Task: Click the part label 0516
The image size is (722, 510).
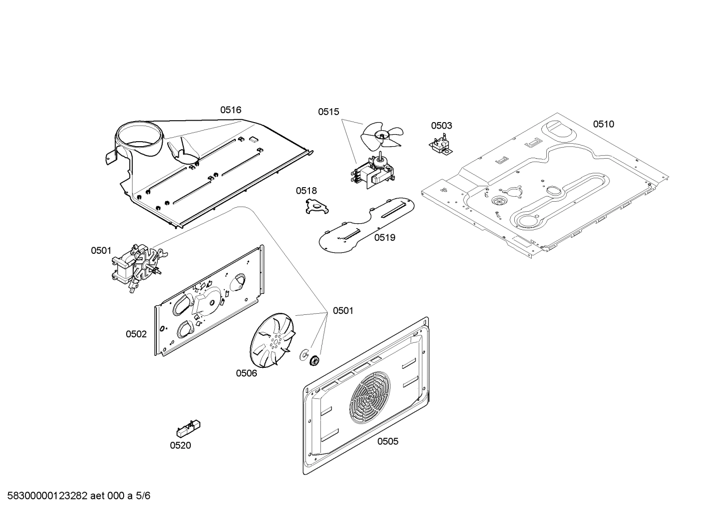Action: [x=230, y=110]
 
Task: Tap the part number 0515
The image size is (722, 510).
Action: [x=328, y=112]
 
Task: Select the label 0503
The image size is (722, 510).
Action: [x=441, y=126]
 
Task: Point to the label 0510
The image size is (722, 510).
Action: [x=603, y=124]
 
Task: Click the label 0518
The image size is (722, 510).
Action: [x=306, y=191]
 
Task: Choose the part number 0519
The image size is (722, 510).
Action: [x=385, y=238]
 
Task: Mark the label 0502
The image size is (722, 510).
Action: [x=136, y=334]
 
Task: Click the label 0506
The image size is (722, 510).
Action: [x=246, y=373]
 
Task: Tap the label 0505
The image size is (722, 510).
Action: [x=388, y=441]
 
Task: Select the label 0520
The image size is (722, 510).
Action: [x=180, y=445]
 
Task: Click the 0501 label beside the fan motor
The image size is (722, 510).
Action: [x=101, y=251]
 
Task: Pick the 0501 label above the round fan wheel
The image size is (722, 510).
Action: [x=343, y=311]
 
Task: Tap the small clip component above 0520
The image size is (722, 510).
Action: [x=188, y=428]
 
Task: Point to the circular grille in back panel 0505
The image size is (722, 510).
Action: [x=369, y=398]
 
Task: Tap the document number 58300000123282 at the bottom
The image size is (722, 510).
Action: [x=45, y=496]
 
